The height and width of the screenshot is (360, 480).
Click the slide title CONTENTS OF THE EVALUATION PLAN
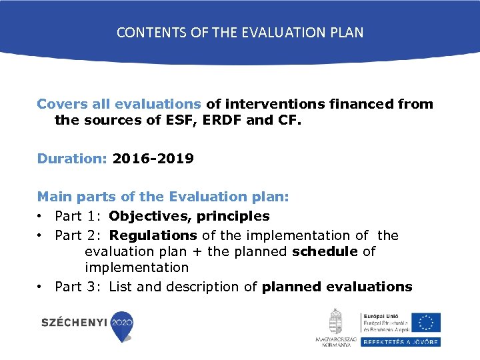tap(240, 32)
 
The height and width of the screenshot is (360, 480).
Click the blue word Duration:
tap(73, 159)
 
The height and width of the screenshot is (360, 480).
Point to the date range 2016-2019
tap(153, 159)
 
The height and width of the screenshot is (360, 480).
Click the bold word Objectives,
tap(147, 216)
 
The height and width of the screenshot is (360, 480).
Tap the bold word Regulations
tap(153, 235)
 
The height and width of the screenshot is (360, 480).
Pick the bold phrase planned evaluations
tap(337, 287)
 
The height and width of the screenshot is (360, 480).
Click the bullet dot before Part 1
tap(41, 217)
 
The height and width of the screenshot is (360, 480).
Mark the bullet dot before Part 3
tap(41, 287)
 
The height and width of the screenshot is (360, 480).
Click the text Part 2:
tap(79, 235)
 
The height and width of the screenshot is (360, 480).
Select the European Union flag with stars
tap(425, 322)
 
